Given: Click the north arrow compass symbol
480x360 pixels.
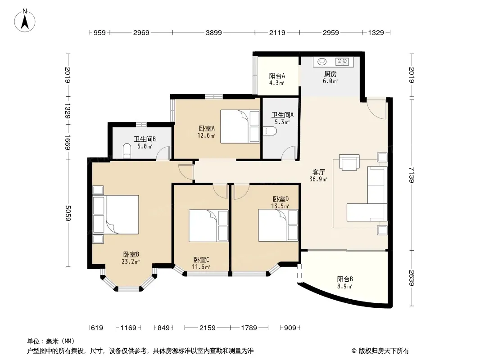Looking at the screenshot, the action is tap(25, 21).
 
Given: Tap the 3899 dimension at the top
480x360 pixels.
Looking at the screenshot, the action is tap(214, 32).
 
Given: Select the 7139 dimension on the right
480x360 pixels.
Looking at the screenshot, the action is tap(412, 175).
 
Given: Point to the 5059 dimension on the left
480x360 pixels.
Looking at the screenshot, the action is tap(68, 213).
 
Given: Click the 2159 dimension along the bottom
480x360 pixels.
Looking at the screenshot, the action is tap(207, 328).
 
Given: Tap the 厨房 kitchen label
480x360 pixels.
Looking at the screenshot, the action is tap(331, 74).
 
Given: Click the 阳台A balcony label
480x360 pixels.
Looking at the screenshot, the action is tap(277, 76).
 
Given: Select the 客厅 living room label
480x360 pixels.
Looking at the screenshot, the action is tap(318, 172).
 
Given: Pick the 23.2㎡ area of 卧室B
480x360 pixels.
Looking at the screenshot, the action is tap(131, 261).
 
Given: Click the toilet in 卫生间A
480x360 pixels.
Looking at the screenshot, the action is tap(270, 131).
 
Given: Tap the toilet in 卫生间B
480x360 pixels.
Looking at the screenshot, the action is tap(127, 151).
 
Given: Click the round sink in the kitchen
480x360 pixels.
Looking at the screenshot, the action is tap(322, 62).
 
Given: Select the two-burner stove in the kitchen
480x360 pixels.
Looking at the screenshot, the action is tap(342, 62).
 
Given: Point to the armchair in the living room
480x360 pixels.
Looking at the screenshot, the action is tap(349, 162).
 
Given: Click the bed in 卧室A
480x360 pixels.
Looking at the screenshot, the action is tap(240, 126).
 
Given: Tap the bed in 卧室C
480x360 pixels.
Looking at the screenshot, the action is tap(208, 226).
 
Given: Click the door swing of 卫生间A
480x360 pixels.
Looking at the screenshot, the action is tap(288, 152).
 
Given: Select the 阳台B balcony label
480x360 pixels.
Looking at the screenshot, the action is tap(345, 279).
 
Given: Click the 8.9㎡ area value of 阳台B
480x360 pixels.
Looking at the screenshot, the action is tap(345, 286).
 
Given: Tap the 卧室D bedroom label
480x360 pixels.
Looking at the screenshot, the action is tap(281, 199).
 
